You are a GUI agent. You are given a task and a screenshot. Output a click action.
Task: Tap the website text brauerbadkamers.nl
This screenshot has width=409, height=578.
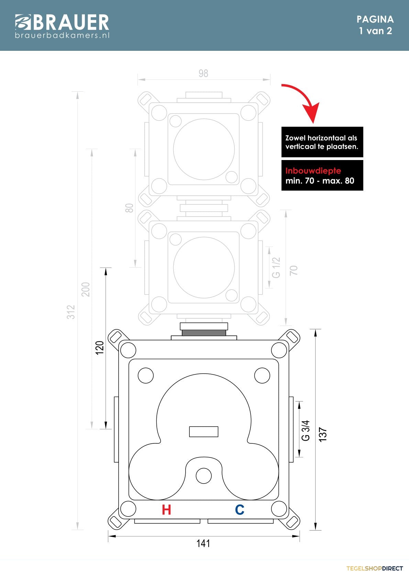coord(62,35)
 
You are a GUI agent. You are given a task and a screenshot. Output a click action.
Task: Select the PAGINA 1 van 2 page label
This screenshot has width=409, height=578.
coord(375,25)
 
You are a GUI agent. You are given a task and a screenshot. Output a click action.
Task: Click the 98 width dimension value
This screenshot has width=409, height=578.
coord(203,73)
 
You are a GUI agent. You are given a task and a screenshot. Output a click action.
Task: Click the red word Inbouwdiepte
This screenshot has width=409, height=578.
coord(313,171)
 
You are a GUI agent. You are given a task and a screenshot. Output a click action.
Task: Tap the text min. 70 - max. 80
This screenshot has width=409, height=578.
coord(320,181)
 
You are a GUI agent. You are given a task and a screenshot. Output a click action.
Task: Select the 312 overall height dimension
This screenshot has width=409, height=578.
coord(71,312)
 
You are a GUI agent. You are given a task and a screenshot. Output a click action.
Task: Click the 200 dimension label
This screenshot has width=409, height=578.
coord(86,290)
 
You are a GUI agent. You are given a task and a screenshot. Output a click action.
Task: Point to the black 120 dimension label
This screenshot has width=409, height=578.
coord(100,348)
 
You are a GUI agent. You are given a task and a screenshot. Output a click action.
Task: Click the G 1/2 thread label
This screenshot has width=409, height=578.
coord(276,268)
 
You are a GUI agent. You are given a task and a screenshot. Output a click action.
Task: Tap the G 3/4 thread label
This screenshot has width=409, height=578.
coord(306,431)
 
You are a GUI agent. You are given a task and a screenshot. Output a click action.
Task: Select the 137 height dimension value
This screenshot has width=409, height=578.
coord(323,435)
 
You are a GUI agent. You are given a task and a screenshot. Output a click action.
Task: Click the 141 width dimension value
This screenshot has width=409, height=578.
coord(203,544)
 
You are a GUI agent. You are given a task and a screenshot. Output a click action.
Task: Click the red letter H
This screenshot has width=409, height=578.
coord(167,510)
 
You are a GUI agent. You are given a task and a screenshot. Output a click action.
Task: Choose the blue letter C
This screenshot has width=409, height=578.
coord(240,510)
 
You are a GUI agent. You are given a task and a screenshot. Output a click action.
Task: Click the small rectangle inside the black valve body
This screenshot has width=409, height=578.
coord(204,432)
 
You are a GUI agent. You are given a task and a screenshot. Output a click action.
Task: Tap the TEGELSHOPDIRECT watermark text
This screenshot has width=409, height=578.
coord(375,568)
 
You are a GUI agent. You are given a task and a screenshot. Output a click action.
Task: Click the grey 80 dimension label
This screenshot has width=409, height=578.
coord(129,208)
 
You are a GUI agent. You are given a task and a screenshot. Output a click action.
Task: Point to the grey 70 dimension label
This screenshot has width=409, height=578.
coord(294,270)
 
